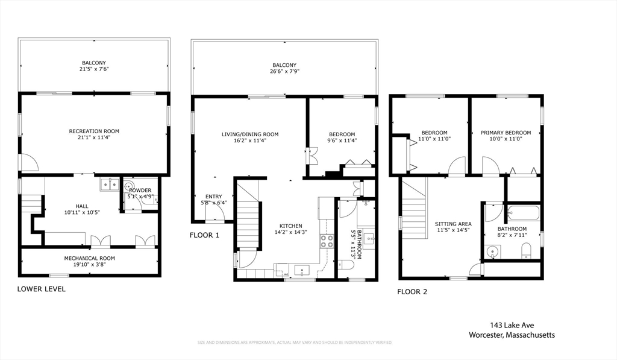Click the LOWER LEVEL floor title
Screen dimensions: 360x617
pyautogui.click(x=41, y=289)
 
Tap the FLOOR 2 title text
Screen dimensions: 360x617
pyautogui.click(x=412, y=292)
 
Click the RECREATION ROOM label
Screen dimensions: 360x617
pyautogui.click(x=94, y=131)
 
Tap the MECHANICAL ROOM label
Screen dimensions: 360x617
pyautogui.click(x=90, y=258)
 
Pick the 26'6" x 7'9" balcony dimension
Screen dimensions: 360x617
pyautogui.click(x=284, y=72)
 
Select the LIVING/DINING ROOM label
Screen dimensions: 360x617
pyautogui.click(x=250, y=134)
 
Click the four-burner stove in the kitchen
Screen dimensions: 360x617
pyautogui.click(x=327, y=241)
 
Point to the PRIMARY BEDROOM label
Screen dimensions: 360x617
pyautogui.click(x=506, y=133)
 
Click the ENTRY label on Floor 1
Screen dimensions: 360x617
pyautogui.click(x=214, y=197)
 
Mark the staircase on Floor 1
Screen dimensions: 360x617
pyautogui.click(x=247, y=223)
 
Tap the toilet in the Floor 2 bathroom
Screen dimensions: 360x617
pyautogui.click(x=526, y=251)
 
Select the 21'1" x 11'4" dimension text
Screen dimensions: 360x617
pyautogui.click(x=94, y=137)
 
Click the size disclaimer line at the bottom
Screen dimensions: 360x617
pyautogui.click(x=295, y=343)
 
